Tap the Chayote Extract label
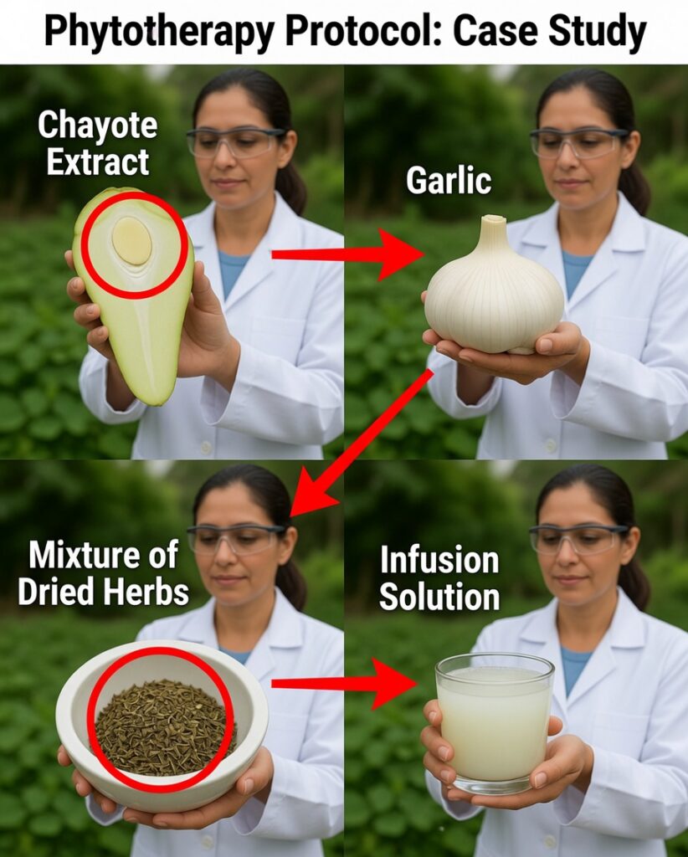[98, 142]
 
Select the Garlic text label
[449, 181]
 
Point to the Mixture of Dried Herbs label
[103, 572]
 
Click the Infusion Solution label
[439, 577]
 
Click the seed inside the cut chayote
[131, 240]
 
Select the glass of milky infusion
[495, 722]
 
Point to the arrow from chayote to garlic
[347, 254]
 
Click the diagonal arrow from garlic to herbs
[362, 443]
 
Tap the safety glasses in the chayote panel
[235, 141]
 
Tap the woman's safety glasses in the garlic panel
[578, 142]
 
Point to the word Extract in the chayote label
[98, 161]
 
